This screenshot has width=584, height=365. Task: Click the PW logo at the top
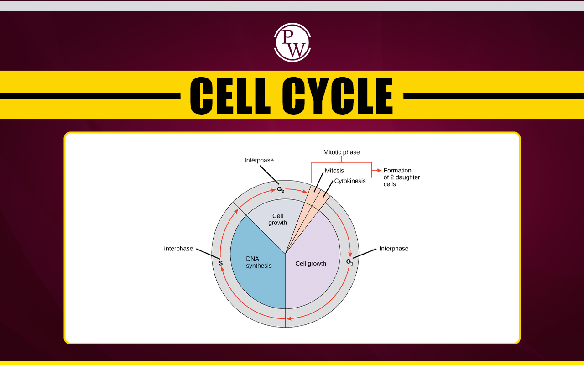(292, 42)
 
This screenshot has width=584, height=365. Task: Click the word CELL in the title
(230, 96)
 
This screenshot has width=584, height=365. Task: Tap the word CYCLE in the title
(337, 96)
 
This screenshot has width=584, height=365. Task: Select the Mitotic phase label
(342, 152)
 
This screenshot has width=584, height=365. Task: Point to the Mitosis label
(334, 171)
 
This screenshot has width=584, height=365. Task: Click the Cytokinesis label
(350, 181)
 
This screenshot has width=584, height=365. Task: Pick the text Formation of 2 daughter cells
(401, 177)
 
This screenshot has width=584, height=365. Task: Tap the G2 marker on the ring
(281, 189)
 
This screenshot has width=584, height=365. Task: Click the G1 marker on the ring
(349, 262)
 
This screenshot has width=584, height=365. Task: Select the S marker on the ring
(221, 263)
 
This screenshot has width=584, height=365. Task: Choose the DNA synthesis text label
(259, 262)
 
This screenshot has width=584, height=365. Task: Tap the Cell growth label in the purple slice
(311, 264)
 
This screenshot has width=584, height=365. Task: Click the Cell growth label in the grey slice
(278, 219)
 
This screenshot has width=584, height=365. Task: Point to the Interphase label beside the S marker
(178, 249)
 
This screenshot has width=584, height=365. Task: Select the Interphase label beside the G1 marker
(394, 249)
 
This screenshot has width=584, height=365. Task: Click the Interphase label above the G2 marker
(259, 160)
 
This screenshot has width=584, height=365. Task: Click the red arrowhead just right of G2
(305, 192)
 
